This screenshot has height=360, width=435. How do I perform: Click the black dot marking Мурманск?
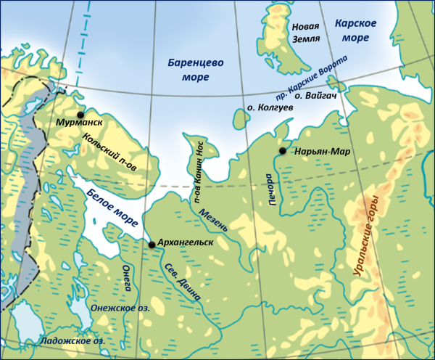[80, 115]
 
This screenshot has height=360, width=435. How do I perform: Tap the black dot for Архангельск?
[152, 245]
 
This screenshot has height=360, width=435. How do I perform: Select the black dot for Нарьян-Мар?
[282, 151]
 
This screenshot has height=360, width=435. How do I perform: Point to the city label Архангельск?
[186, 242]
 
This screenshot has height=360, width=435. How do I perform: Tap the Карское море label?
[356, 30]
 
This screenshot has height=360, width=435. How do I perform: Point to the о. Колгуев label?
[269, 107]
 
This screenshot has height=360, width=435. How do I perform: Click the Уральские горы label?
[365, 235]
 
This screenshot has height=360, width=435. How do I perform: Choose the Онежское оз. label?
[120, 308]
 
